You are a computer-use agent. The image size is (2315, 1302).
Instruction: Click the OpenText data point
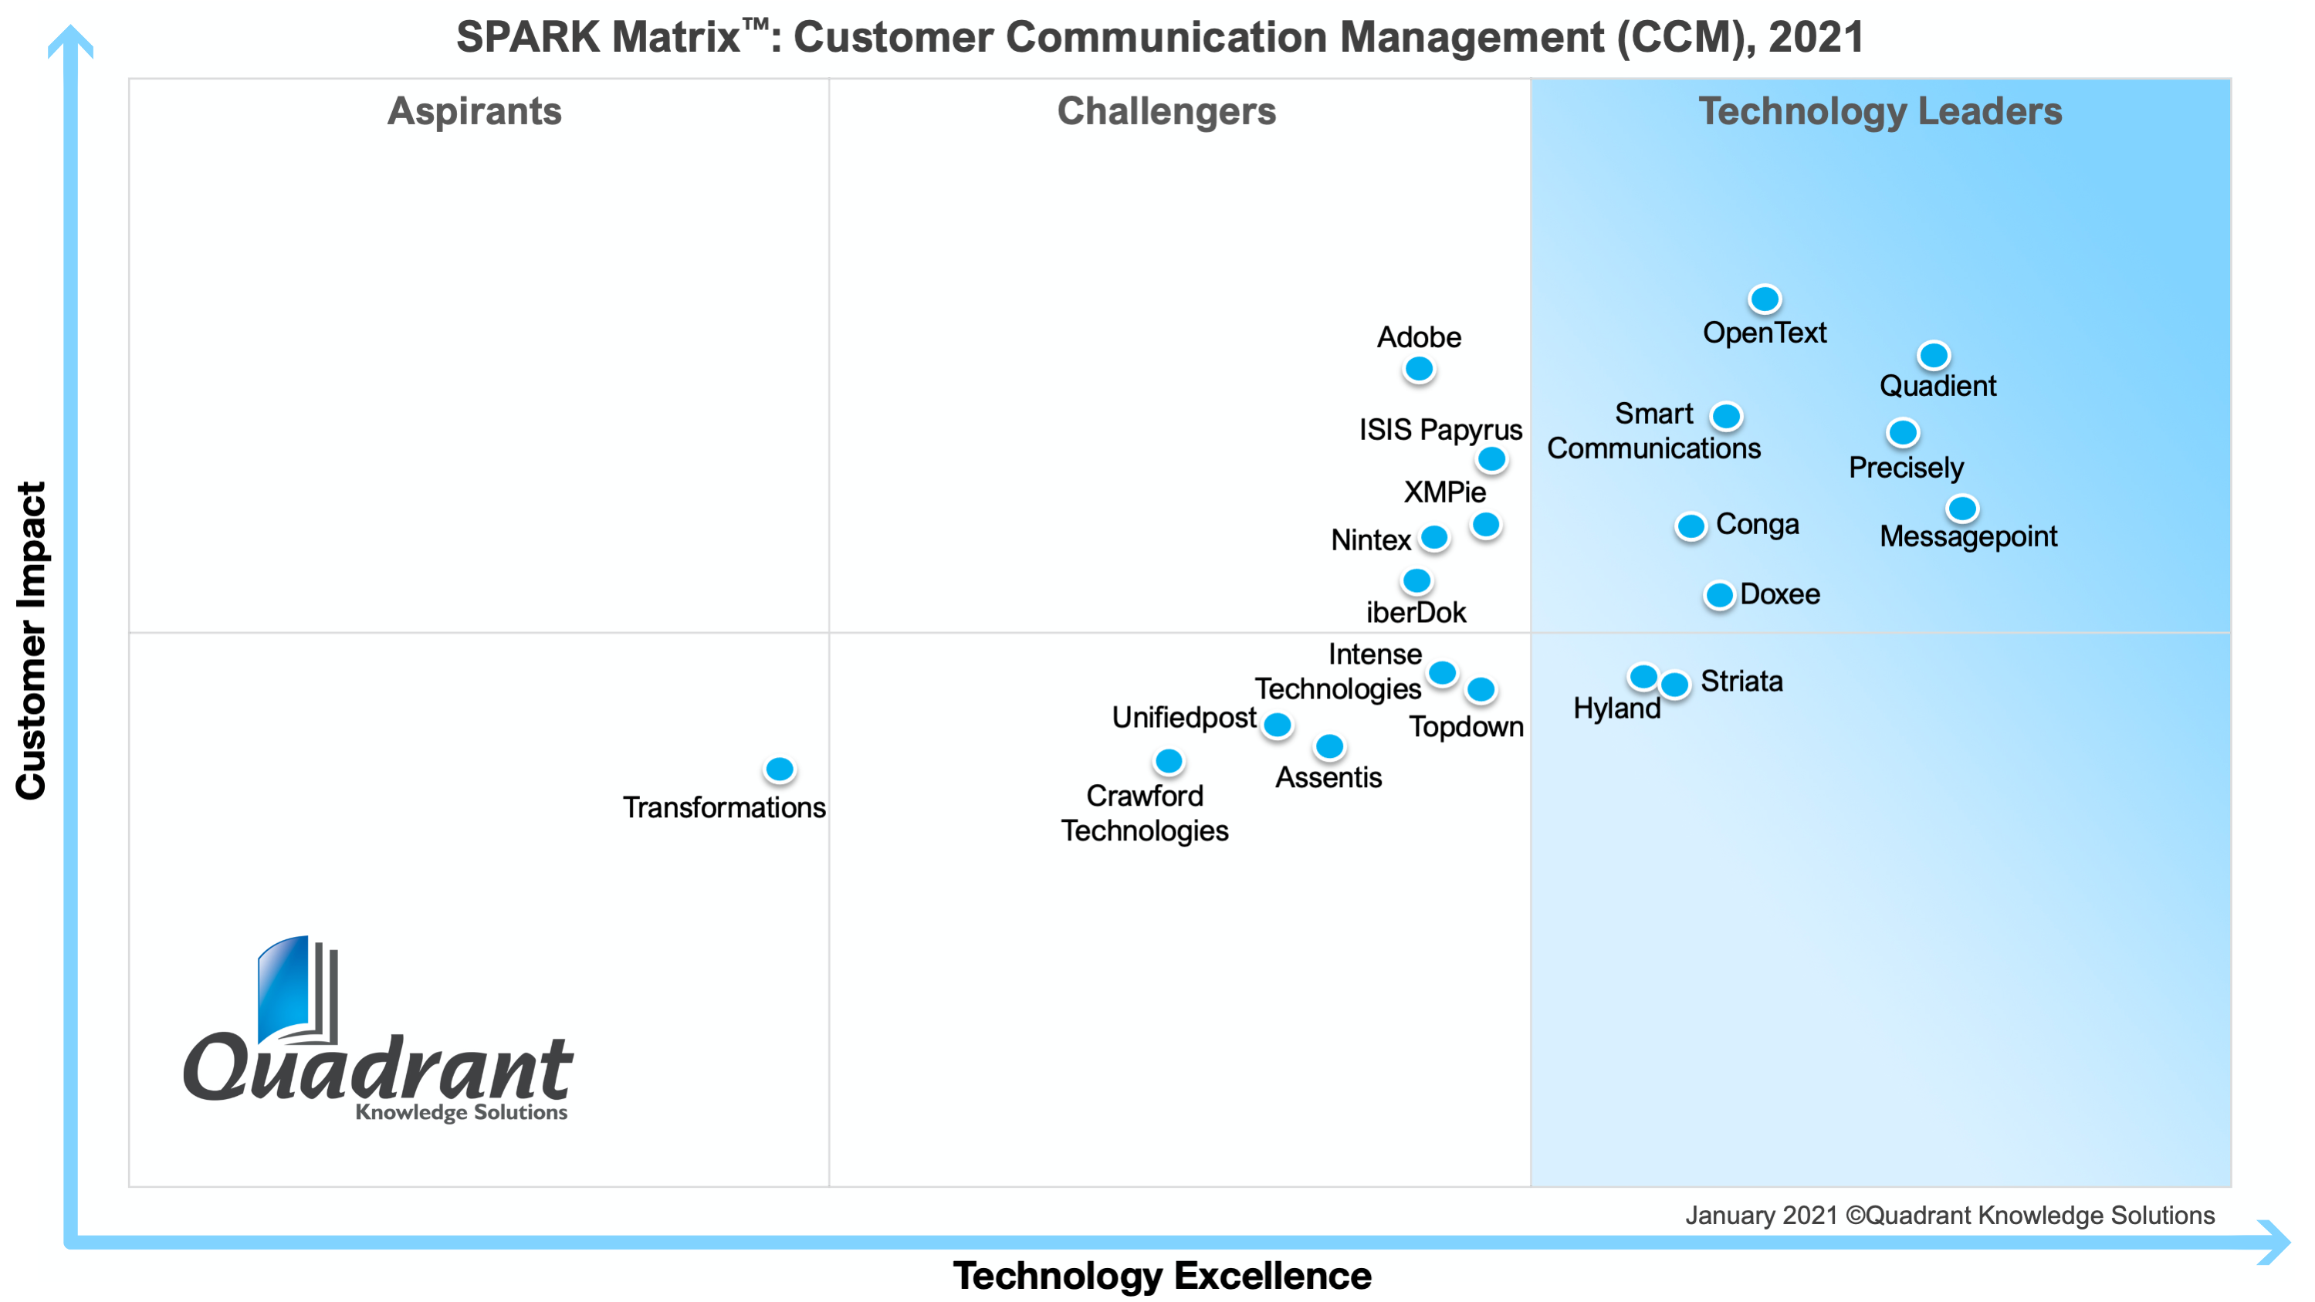(x=1764, y=299)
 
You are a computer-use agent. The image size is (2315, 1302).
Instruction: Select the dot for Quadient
(x=1933, y=355)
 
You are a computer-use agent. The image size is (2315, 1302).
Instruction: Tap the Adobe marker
(x=1418, y=368)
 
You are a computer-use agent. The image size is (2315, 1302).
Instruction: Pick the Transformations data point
(x=779, y=769)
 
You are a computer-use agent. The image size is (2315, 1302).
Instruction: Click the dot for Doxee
(x=1718, y=595)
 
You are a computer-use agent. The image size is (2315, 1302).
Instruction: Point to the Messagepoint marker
(x=1961, y=509)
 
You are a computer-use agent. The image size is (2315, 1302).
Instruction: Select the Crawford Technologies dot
(x=1168, y=762)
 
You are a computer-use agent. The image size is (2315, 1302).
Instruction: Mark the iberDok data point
(x=1416, y=581)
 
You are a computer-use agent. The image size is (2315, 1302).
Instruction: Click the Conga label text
(x=1757, y=524)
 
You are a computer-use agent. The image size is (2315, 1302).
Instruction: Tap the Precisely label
(x=1905, y=468)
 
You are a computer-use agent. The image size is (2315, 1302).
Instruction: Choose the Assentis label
(x=1328, y=777)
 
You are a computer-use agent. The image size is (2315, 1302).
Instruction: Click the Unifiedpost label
(x=1183, y=717)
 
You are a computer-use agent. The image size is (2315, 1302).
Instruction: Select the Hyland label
(x=1616, y=708)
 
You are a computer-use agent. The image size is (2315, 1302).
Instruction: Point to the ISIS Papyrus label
(x=1440, y=430)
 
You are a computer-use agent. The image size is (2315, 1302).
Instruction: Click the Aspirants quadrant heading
(x=475, y=111)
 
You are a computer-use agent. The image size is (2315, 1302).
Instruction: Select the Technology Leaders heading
(x=1879, y=111)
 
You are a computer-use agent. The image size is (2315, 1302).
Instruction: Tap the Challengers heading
(x=1166, y=111)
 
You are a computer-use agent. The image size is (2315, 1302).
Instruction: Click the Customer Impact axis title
(x=32, y=640)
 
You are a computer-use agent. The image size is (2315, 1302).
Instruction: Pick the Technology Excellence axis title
(x=1161, y=1275)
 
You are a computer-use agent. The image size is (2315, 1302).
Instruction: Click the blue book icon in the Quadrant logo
(x=286, y=989)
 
